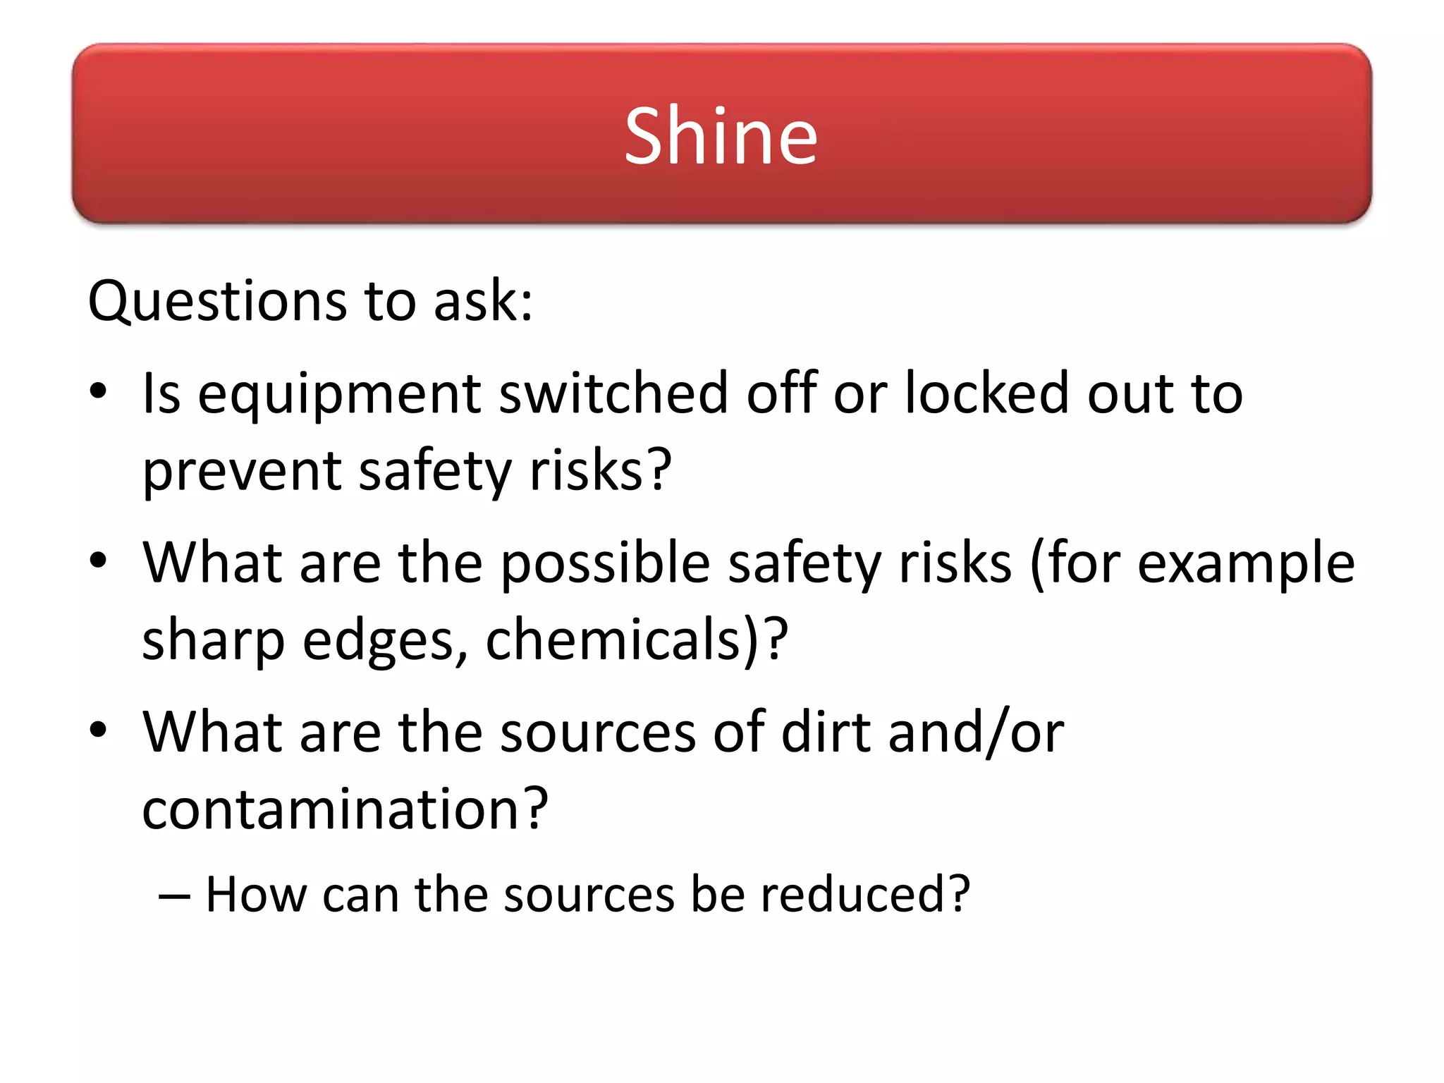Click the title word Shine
pyautogui.click(x=721, y=135)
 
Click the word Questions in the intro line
pyautogui.click(x=216, y=302)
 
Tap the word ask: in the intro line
pyautogui.click(x=483, y=302)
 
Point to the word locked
pyautogui.click(x=987, y=393)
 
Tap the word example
pyautogui.click(x=1246, y=564)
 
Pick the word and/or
pyautogui.click(x=976, y=732)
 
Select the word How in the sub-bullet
pyautogui.click(x=256, y=894)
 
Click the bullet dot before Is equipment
pyautogui.click(x=98, y=391)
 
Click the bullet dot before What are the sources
pyautogui.click(x=98, y=729)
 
